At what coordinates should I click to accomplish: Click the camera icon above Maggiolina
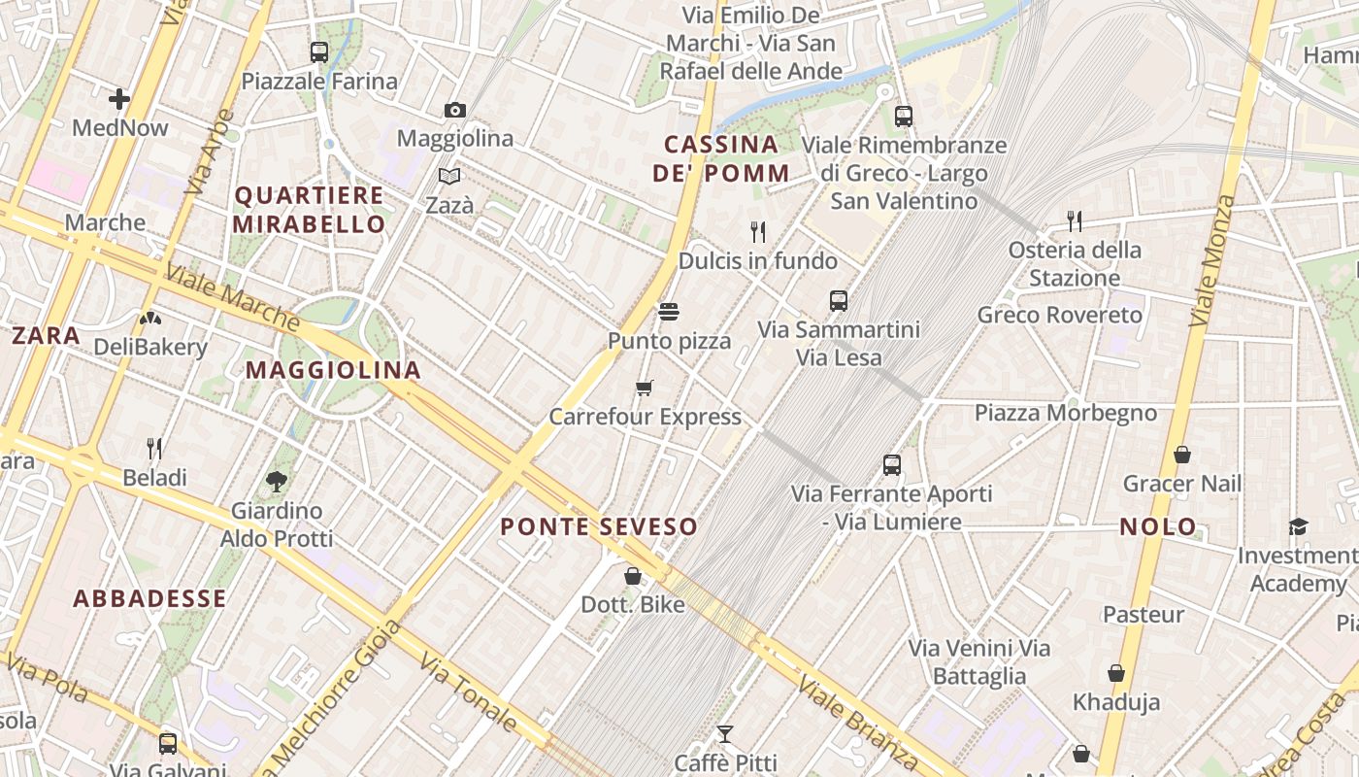click(x=454, y=111)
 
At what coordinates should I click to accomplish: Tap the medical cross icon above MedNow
click(x=119, y=99)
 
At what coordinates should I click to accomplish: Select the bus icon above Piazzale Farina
click(x=318, y=52)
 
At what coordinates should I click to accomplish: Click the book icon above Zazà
click(x=448, y=177)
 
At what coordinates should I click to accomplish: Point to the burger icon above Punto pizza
click(x=669, y=312)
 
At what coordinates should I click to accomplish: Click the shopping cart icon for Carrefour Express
click(x=645, y=388)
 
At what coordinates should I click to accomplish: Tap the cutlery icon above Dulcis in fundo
click(x=758, y=231)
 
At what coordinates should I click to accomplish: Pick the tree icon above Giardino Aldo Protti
click(x=277, y=481)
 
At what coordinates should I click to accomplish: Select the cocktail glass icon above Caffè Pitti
click(x=724, y=733)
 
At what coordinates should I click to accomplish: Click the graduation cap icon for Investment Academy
click(x=1298, y=526)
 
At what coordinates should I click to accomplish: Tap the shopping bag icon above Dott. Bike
click(x=633, y=576)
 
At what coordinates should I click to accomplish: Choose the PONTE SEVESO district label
click(x=599, y=527)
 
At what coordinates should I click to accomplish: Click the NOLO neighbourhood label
click(x=1158, y=527)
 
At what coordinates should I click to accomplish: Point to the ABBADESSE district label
click(x=150, y=598)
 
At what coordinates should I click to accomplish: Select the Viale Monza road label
click(x=1213, y=260)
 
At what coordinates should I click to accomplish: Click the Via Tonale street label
click(x=468, y=692)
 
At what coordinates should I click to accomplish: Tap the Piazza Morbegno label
click(x=1066, y=413)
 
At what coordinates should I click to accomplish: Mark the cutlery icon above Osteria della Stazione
click(x=1074, y=220)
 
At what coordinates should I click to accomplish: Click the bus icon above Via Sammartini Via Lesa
click(x=839, y=301)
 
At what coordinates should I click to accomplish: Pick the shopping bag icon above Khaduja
click(x=1116, y=673)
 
